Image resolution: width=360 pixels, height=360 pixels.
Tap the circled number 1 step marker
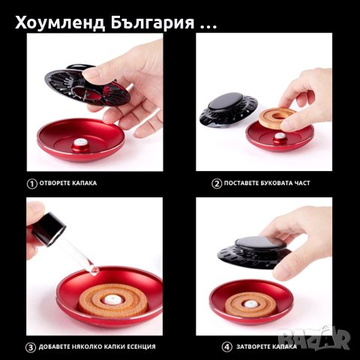pos(31,182)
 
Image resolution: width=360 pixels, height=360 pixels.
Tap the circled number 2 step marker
pos(217,182)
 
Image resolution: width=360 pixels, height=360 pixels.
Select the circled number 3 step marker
pos(31,346)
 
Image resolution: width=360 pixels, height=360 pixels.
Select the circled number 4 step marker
pos(226,346)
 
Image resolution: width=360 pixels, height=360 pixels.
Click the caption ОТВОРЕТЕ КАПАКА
pos(69,182)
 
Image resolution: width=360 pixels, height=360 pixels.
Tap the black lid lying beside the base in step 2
pos(229,109)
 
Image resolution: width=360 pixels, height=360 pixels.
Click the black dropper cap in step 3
pos(47,228)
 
